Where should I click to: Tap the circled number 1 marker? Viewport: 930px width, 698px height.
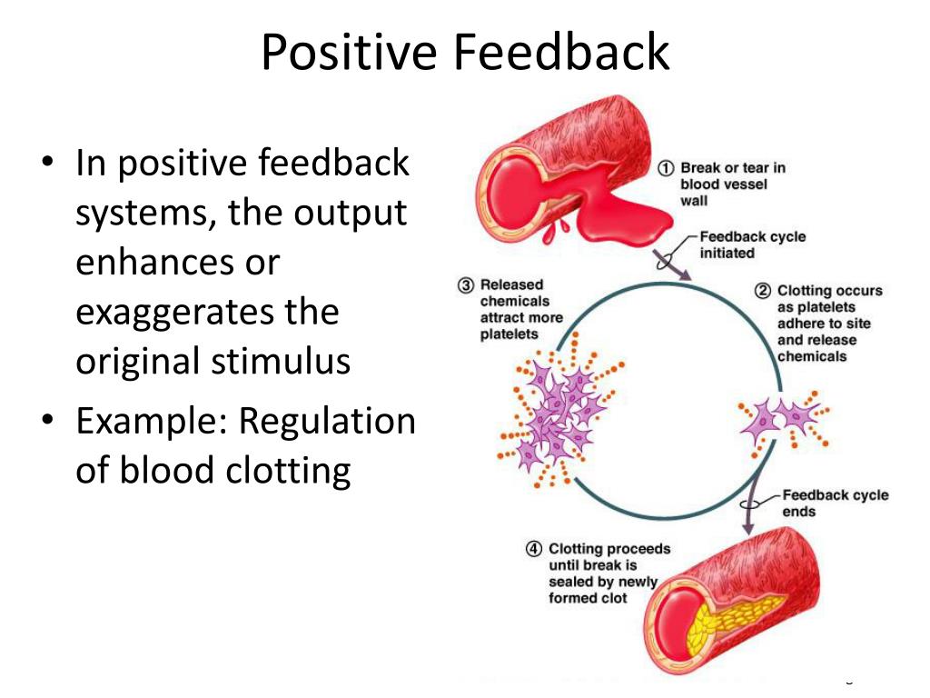pyautogui.click(x=667, y=168)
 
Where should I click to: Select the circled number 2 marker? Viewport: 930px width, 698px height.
pyautogui.click(x=763, y=292)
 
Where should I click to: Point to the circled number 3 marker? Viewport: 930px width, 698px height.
pyautogui.click(x=466, y=285)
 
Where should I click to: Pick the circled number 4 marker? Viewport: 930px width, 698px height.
pyautogui.click(x=535, y=550)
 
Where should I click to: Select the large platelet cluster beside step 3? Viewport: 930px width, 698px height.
pyautogui.click(x=556, y=414)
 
